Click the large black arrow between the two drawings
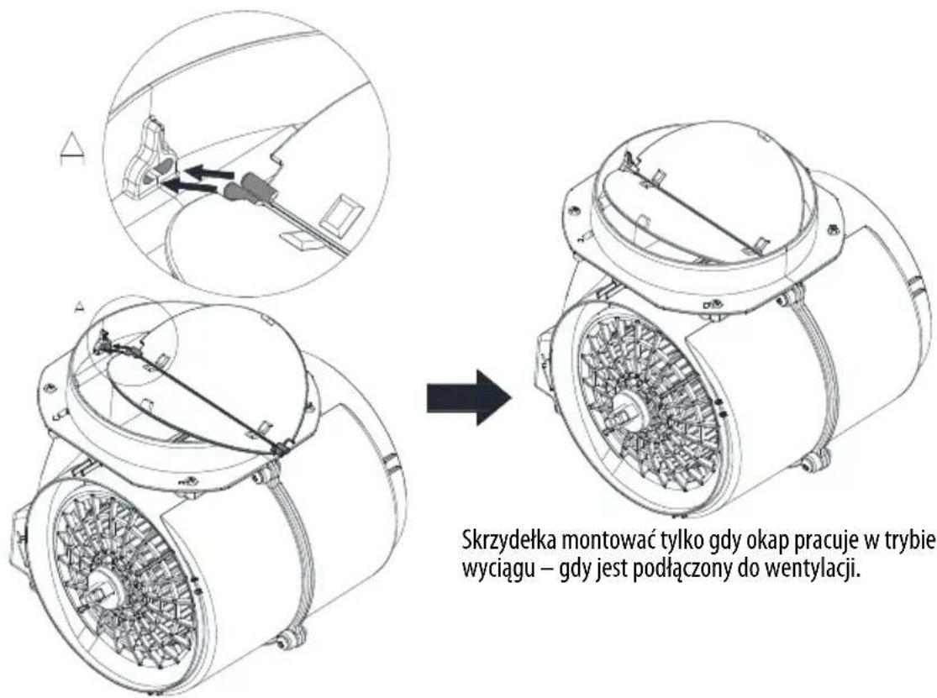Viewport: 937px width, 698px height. click(x=470, y=397)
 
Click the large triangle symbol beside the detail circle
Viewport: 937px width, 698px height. click(x=72, y=149)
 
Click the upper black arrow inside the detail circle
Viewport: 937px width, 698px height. click(x=208, y=172)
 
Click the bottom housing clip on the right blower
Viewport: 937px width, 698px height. click(x=816, y=459)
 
